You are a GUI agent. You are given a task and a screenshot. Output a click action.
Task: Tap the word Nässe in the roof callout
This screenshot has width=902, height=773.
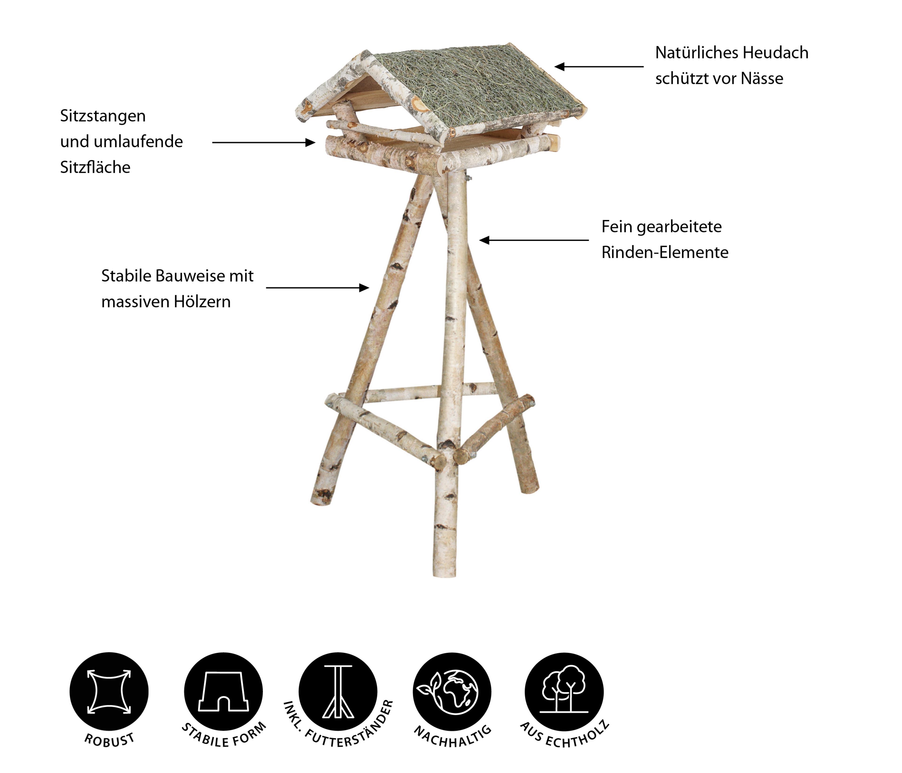762,78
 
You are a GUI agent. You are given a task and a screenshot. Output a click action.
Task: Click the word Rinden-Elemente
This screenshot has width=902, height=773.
665,252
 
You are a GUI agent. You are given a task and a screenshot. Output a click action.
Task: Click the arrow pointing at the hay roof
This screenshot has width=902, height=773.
599,67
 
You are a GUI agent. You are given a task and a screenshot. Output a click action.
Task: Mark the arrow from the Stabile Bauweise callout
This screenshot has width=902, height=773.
317,288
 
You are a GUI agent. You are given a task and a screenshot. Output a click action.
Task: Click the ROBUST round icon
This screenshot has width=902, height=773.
109,691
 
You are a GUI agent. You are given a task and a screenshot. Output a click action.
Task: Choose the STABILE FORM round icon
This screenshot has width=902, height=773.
223,691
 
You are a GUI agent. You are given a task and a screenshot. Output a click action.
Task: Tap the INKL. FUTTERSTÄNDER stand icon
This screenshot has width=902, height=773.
338,691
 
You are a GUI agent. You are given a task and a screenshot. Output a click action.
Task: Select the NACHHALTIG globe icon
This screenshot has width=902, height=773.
452,691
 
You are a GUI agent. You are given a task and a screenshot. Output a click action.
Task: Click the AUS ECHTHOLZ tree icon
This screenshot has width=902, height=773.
564,691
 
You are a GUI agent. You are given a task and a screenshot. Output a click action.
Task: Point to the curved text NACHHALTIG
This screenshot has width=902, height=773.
453,737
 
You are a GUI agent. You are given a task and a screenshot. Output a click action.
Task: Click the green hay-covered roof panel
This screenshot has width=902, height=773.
477,89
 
